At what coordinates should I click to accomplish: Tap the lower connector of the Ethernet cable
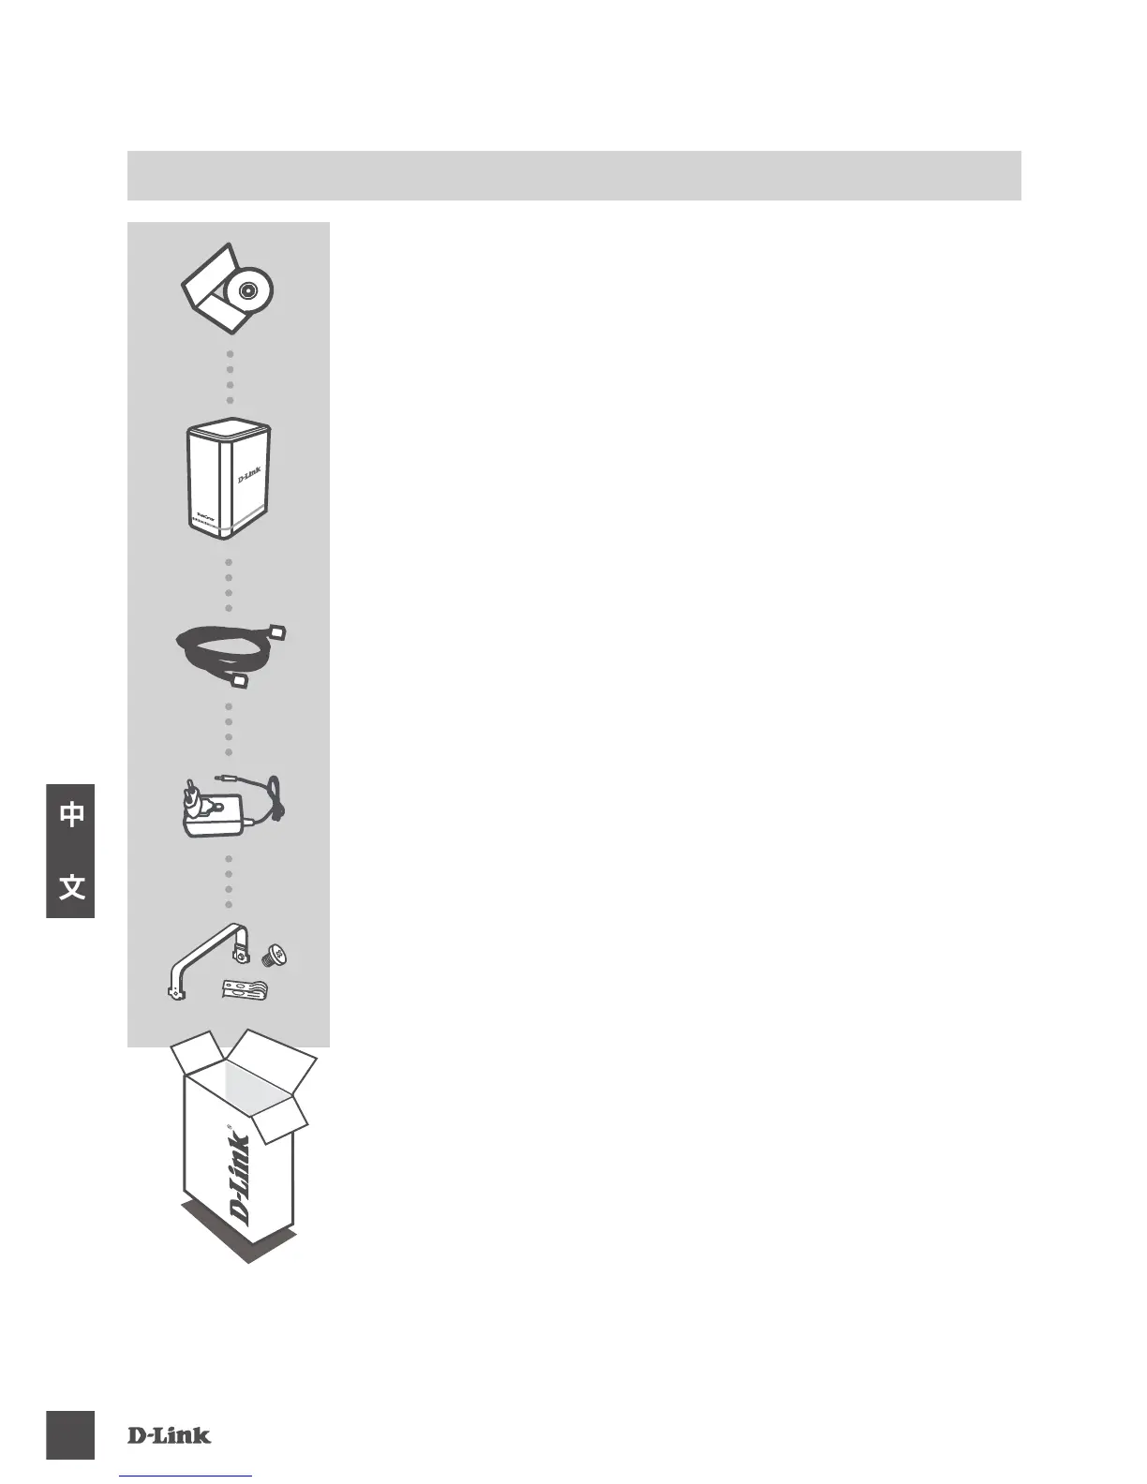click(240, 681)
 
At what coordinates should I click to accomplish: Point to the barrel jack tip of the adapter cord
click(222, 776)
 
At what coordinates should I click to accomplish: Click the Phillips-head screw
click(278, 957)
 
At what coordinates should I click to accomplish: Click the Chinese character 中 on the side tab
click(71, 815)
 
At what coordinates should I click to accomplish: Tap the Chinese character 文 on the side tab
click(71, 886)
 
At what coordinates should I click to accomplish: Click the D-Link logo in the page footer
click(170, 1435)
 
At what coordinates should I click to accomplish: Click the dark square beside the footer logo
click(70, 1435)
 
